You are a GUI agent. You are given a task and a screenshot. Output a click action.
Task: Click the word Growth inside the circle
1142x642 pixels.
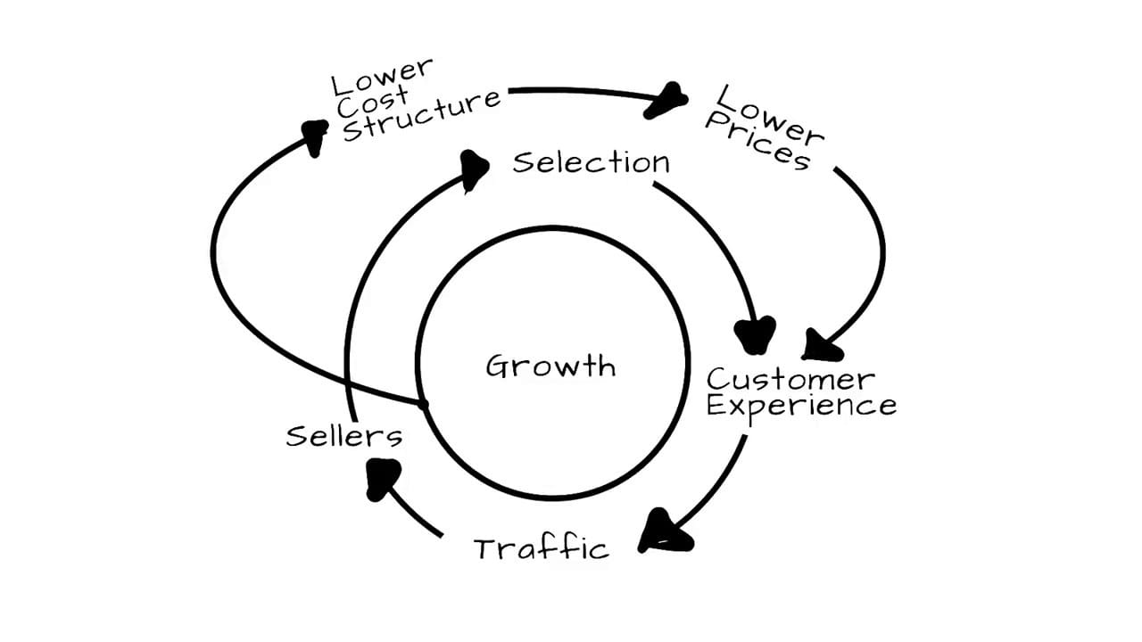click(550, 366)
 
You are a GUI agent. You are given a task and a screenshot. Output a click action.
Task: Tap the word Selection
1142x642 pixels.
click(591, 162)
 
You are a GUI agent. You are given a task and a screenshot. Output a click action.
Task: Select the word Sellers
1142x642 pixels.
click(343, 436)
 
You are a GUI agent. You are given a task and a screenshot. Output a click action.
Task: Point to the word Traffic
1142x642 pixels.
click(541, 547)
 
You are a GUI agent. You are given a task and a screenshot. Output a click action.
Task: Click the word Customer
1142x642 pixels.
click(790, 379)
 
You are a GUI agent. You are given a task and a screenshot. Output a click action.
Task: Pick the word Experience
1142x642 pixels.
click(801, 407)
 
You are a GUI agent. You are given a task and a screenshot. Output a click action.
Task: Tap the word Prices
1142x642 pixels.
click(757, 143)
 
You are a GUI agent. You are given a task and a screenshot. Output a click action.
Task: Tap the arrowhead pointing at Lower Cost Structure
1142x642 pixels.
click(314, 136)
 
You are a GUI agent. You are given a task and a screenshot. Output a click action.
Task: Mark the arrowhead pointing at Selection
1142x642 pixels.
click(475, 169)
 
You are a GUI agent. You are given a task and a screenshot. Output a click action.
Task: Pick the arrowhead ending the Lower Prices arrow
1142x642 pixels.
click(820, 346)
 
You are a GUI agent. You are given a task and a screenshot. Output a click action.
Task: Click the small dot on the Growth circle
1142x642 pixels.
click(423, 405)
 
